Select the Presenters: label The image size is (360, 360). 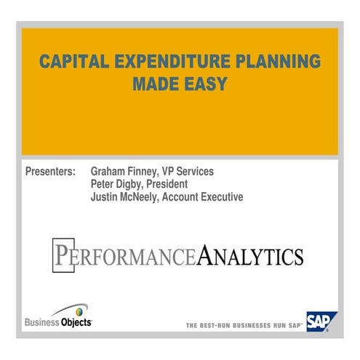tap(50, 172)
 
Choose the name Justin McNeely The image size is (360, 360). tap(125, 196)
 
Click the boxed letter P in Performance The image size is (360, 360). tap(63, 255)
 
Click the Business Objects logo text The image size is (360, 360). tap(58, 322)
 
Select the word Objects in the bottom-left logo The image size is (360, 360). tap(76, 322)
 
